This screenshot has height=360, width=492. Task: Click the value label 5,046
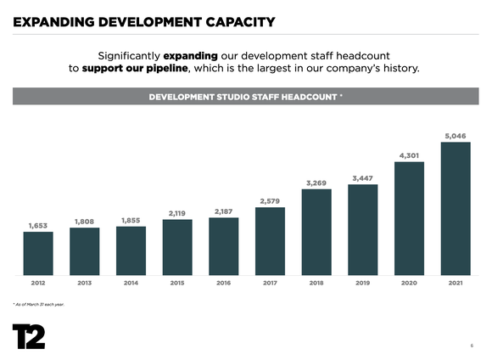456,135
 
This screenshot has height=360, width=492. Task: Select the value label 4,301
409,155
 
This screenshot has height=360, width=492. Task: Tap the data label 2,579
270,200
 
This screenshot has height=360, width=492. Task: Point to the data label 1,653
38,225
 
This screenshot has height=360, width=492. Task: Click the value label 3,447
363,177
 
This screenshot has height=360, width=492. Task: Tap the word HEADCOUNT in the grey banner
305,97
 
